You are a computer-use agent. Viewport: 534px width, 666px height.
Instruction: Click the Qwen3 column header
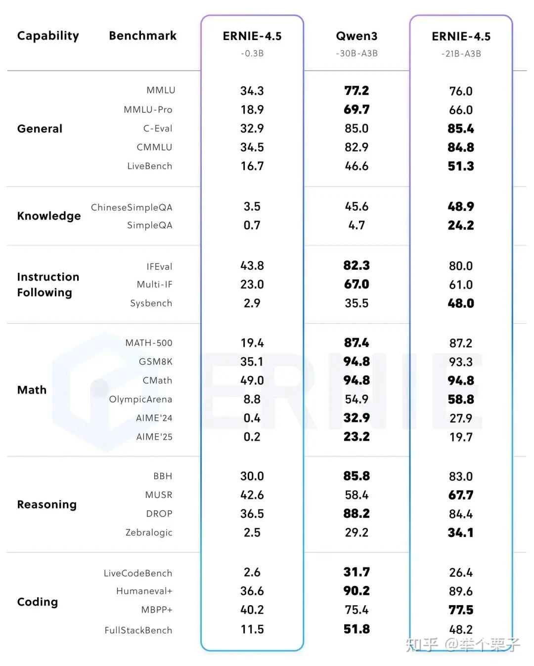tap(356, 36)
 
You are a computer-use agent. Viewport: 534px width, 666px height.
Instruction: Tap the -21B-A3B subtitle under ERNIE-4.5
tap(461, 54)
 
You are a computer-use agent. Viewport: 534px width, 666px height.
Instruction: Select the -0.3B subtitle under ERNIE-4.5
tap(252, 53)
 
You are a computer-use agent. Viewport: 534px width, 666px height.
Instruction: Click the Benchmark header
tap(142, 36)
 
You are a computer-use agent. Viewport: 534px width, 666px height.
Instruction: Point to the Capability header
tap(48, 36)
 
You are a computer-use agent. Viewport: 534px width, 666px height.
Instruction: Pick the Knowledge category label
tap(48, 216)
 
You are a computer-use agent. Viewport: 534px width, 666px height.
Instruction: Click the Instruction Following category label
tap(48, 285)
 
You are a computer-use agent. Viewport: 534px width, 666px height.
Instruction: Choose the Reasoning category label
tap(46, 504)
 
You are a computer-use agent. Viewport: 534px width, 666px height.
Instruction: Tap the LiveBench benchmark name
tap(149, 166)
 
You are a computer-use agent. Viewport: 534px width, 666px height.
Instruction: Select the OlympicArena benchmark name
tap(140, 399)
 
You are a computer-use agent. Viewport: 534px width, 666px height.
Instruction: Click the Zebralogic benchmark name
tap(149, 533)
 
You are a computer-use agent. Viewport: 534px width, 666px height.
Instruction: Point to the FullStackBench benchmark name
tap(138, 630)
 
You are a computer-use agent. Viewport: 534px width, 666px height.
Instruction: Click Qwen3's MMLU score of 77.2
tap(356, 91)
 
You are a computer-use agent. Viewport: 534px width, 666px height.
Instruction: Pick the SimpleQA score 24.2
tap(461, 225)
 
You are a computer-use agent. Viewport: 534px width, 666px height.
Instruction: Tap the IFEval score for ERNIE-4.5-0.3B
tap(252, 266)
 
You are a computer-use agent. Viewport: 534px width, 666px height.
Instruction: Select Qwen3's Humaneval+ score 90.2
tap(356, 591)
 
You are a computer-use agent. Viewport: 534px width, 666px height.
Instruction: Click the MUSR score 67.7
tap(461, 495)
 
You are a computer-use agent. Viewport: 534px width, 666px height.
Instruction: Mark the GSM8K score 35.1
tap(252, 362)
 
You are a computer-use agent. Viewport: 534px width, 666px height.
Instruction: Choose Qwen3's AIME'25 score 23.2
tap(356, 437)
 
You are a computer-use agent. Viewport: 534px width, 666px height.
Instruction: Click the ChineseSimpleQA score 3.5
tap(252, 207)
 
